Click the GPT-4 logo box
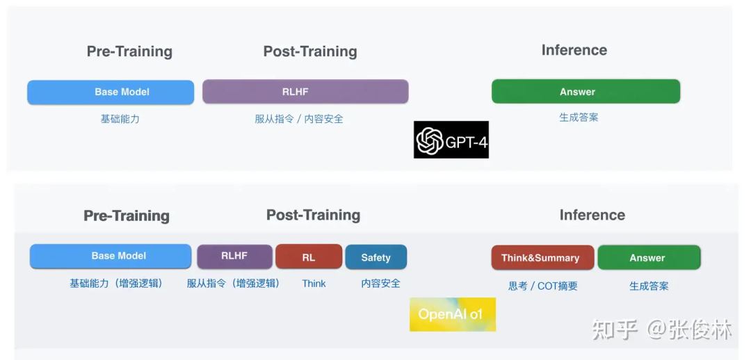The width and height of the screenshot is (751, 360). coord(451,139)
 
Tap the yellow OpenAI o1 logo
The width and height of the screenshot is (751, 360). coord(453,315)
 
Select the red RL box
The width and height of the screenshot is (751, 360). coord(309,256)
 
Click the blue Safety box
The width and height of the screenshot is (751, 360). coord(376,257)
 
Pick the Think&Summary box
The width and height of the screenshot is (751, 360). coord(542,258)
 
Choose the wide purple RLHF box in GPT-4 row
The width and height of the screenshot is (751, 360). coord(305,92)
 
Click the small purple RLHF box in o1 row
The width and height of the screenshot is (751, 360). coord(235,256)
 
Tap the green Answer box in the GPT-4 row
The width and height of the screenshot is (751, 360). coord(586,92)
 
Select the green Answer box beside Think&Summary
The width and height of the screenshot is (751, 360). coord(649,258)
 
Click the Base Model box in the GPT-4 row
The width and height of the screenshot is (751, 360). coord(111,92)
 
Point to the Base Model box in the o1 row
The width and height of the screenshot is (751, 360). coord(111,256)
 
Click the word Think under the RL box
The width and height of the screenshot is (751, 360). coord(314,284)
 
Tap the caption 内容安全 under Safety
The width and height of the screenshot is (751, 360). coord(381,284)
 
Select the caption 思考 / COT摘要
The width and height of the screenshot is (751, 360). coord(542,286)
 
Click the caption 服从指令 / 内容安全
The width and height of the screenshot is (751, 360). coord(299,119)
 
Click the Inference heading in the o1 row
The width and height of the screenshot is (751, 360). coord(592,215)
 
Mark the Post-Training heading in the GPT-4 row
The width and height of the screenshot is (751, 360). coord(310,51)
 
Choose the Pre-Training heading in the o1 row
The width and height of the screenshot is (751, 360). coord(127,216)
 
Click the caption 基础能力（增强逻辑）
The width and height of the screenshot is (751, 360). coord(116,284)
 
